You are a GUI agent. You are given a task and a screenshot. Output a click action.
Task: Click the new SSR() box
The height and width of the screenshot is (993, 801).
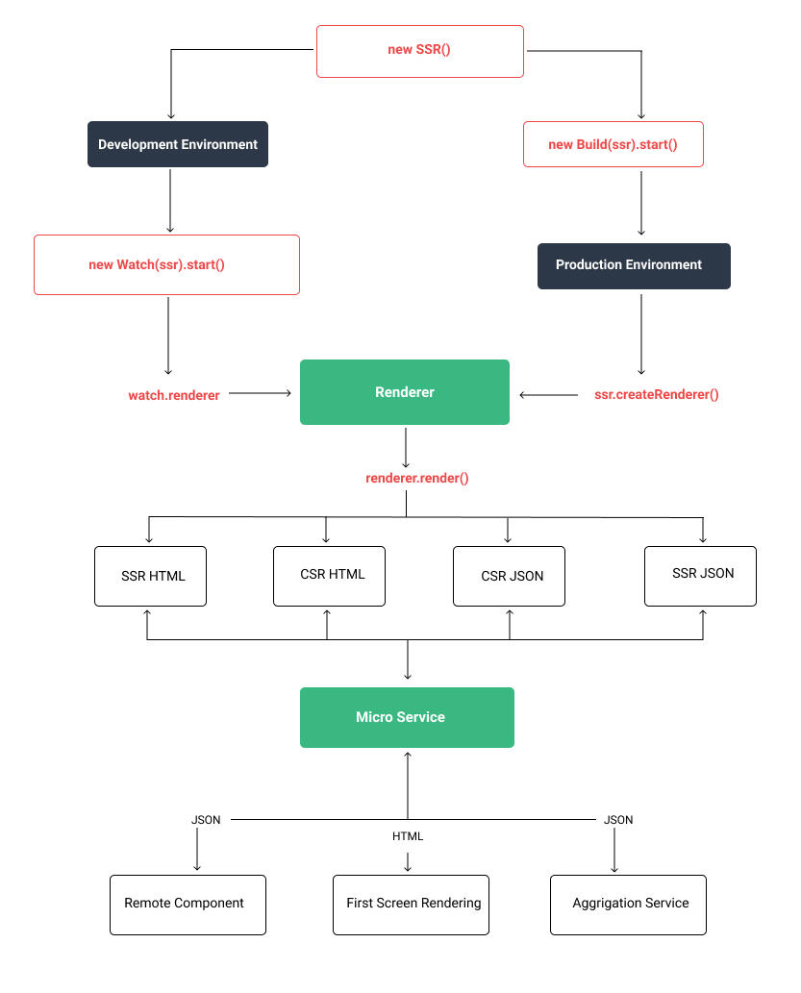tap(420, 51)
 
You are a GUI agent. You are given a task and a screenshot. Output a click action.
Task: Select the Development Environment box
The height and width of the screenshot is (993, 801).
tap(178, 144)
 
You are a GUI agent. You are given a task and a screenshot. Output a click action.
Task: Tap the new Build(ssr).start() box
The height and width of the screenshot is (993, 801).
tap(613, 144)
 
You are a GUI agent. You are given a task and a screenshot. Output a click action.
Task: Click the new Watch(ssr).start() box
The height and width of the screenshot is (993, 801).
tap(166, 264)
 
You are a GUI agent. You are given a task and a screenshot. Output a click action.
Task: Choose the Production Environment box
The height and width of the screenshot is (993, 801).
tap(634, 265)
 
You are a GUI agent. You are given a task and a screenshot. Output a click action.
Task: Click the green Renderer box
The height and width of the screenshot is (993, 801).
tap(405, 392)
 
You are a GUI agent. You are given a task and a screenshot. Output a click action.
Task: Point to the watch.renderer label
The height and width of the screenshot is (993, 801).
tap(174, 395)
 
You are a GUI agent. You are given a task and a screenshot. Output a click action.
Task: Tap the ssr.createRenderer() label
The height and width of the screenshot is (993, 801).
tap(657, 394)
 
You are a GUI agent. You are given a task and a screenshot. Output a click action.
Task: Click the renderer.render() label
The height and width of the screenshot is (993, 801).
tap(417, 478)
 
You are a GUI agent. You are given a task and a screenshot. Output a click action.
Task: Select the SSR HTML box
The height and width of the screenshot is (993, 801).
tap(151, 577)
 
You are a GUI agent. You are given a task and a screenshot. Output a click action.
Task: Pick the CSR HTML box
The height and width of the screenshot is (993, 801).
tap(329, 576)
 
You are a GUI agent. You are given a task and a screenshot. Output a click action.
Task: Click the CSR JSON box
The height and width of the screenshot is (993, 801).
tap(509, 578)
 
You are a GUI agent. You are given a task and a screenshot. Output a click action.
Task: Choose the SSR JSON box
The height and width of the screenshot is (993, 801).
tap(700, 576)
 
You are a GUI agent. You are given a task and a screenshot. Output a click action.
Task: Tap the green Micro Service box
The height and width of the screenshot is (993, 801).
tap(407, 717)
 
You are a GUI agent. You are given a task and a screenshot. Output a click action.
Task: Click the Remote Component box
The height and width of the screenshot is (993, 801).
tap(188, 905)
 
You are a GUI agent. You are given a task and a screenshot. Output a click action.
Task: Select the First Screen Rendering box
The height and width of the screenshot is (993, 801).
tap(411, 905)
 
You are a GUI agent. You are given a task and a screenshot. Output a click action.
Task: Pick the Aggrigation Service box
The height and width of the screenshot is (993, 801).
tap(628, 905)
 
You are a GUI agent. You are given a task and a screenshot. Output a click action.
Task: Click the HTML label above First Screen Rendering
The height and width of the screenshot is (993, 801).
tap(408, 836)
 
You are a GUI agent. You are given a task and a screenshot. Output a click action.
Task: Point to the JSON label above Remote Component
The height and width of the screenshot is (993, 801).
tap(206, 820)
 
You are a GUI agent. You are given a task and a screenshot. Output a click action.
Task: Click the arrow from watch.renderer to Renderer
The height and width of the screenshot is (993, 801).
tap(260, 393)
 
